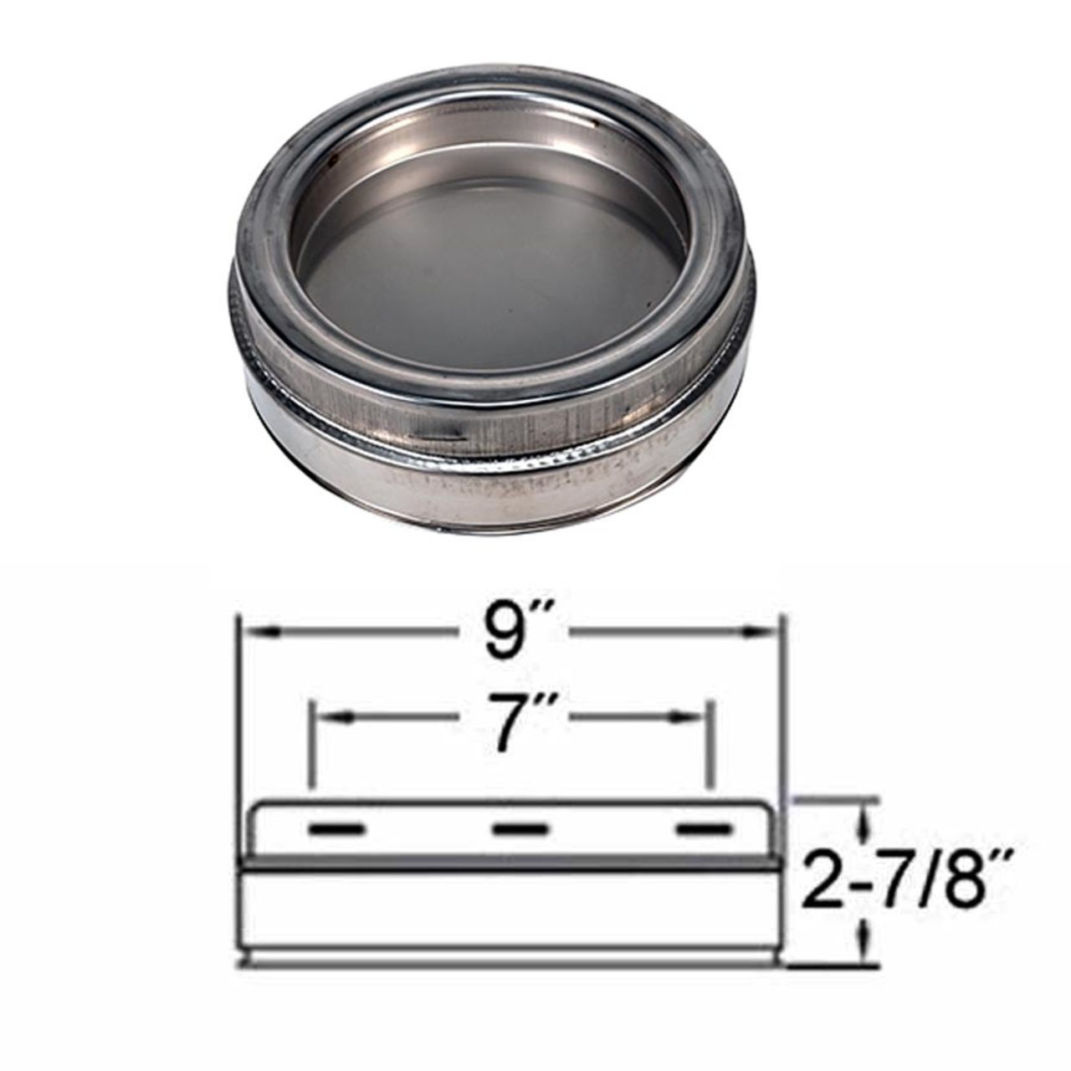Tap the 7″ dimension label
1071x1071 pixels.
pos(510,717)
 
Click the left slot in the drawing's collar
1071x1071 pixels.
pos(336,829)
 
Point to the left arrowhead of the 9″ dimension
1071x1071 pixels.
pos(250,633)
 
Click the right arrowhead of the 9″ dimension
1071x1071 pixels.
pos(770,633)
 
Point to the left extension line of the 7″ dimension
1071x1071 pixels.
pos(310,745)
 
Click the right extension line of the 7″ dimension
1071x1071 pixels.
pos(709,745)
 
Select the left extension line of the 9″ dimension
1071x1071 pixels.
pos(238,736)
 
